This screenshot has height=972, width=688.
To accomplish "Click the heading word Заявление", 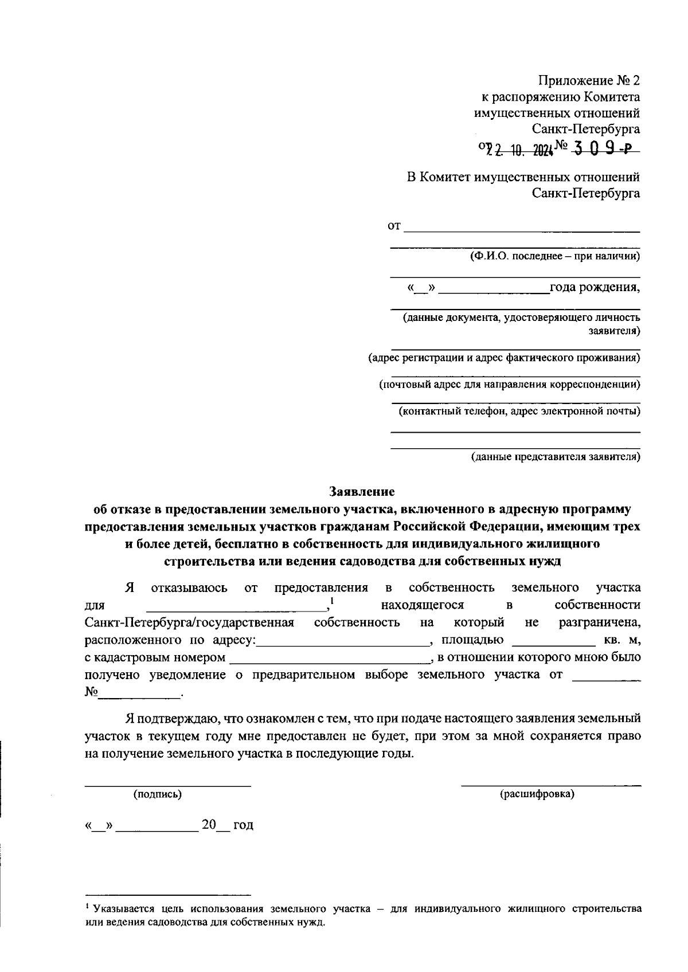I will [x=362, y=491].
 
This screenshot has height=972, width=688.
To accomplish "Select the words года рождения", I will [x=595, y=287].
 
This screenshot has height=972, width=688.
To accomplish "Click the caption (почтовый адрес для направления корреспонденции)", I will [x=510, y=385].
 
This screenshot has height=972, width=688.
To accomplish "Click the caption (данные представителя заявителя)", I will [x=556, y=457].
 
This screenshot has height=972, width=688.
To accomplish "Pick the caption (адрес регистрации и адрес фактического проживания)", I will [x=504, y=358].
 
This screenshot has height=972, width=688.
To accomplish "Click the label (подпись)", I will [x=158, y=794].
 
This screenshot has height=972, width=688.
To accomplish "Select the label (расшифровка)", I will [x=537, y=794].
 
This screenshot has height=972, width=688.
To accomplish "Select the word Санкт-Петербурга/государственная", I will [x=189, y=623].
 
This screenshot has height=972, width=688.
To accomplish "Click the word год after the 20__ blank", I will [x=243, y=825].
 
